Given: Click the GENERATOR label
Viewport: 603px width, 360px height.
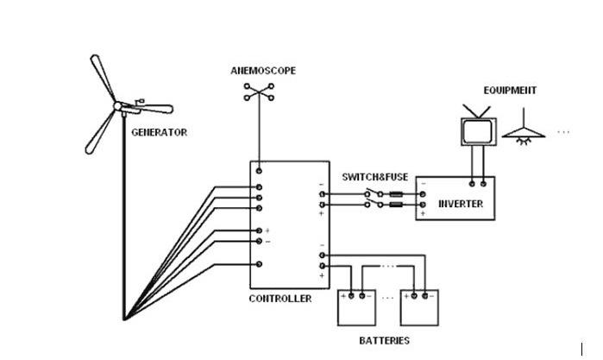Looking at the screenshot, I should [x=159, y=133].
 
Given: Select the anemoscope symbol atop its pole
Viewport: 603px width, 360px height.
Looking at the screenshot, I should [x=257, y=92].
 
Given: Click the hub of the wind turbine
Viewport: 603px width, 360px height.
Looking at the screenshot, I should [x=118, y=106].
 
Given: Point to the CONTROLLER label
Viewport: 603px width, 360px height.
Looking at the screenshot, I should [x=280, y=299].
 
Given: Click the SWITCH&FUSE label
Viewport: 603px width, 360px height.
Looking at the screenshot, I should [x=374, y=177].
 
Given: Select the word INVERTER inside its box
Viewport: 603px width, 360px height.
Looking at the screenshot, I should [x=462, y=205].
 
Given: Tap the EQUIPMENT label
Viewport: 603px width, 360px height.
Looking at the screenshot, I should [x=510, y=90].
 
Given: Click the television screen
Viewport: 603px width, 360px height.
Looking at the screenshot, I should [x=475, y=130].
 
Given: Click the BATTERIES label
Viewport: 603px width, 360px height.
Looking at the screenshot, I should [x=384, y=341].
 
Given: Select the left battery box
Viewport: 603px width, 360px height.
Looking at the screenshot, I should [x=358, y=306].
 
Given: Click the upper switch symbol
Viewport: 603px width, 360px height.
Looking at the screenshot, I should [x=372, y=194].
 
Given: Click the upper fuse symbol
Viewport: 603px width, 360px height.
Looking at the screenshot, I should [x=398, y=194].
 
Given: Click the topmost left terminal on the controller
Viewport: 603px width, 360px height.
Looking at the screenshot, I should [x=258, y=187].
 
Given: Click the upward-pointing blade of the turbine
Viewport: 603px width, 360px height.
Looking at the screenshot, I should [x=101, y=77].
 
